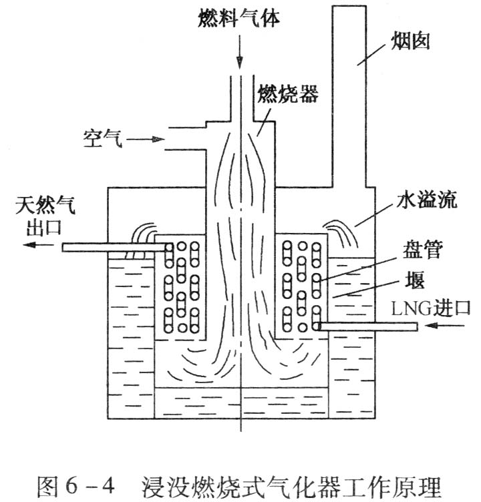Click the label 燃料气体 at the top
click(239, 15)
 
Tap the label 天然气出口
click(44, 214)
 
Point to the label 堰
click(414, 281)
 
